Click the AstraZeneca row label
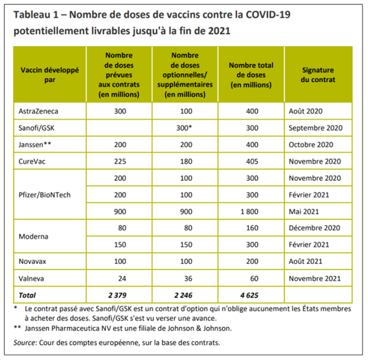click(x=40, y=111)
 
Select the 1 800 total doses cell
click(x=252, y=213)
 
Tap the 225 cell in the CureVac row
click(x=119, y=162)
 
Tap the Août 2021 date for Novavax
click(x=306, y=263)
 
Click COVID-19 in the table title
click(x=320, y=13)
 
